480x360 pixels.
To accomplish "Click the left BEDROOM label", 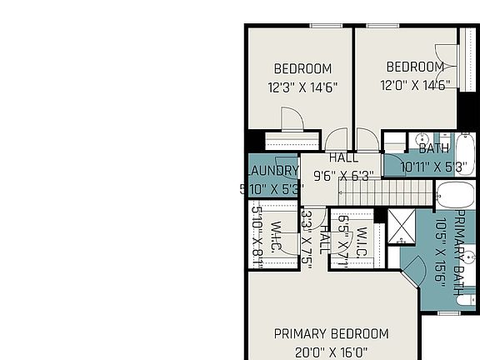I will coord(302,69).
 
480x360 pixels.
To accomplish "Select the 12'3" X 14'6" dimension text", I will coord(302,87).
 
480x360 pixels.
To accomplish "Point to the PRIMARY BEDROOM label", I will coord(331,334).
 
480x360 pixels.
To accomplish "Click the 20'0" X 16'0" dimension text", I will coord(331,352).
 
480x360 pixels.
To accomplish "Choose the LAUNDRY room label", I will coord(272,171).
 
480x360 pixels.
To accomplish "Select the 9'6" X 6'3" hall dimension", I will coord(343,176).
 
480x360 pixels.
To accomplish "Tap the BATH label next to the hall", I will coord(433,149).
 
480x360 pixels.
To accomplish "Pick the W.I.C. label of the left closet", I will coord(277,238).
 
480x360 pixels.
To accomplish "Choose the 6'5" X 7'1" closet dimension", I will coord(342,240).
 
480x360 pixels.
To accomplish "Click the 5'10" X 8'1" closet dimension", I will coord(258,238).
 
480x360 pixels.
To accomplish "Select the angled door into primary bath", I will coord(414,271).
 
